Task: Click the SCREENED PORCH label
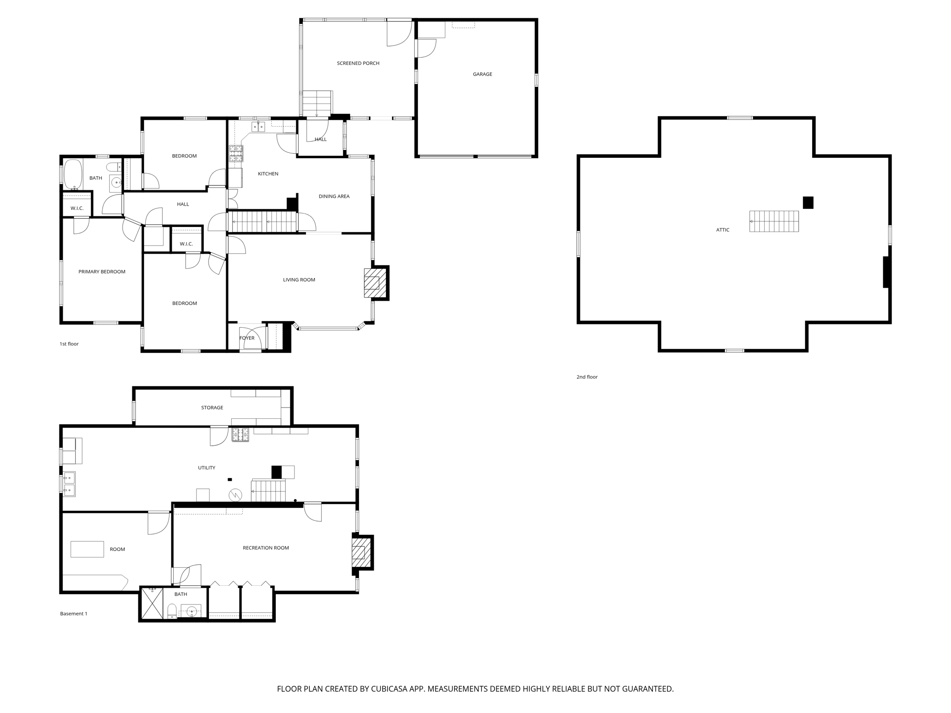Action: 358,63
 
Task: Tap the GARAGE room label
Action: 482,74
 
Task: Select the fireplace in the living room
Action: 372,283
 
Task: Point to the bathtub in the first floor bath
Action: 73,175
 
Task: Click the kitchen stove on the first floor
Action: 236,153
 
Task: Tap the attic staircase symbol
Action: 774,221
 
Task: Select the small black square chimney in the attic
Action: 808,203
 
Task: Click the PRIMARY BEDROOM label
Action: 102,272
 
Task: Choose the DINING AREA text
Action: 334,196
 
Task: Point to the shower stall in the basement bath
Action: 152,603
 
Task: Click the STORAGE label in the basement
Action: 212,408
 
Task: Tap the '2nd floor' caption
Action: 587,377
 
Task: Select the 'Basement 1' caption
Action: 73,614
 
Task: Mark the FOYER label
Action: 247,338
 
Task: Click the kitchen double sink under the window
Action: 258,127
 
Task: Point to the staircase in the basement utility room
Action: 268,491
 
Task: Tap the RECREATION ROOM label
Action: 266,548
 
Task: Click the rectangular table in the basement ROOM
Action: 87,549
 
